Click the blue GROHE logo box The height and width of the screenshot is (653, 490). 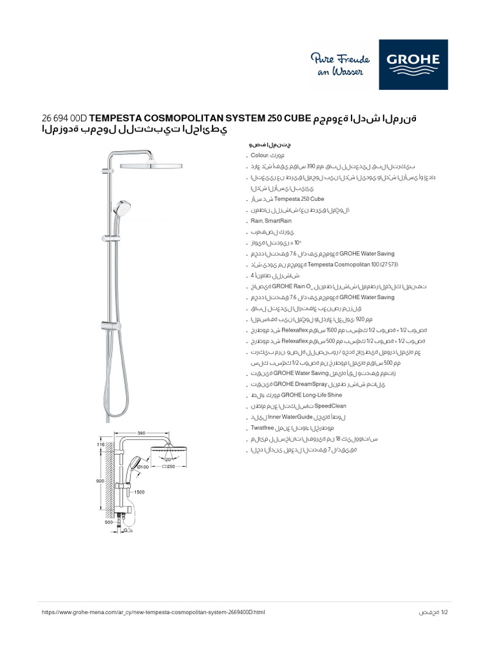pyautogui.click(x=413, y=64)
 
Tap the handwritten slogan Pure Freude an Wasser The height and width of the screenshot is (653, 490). pyautogui.click(x=337, y=65)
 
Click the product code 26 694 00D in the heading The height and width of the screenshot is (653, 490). pyautogui.click(x=64, y=119)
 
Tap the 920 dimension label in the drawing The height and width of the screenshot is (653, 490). pyautogui.click(x=100, y=481)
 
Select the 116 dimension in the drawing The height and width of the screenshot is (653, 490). pyautogui.click(x=100, y=444)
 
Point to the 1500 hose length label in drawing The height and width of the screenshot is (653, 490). pyautogui.click(x=139, y=492)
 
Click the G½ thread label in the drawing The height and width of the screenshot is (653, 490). pyautogui.click(x=128, y=529)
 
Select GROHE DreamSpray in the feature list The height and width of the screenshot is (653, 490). pyautogui.click(x=300, y=385)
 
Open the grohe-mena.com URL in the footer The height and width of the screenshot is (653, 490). pyautogui.click(x=152, y=612)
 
